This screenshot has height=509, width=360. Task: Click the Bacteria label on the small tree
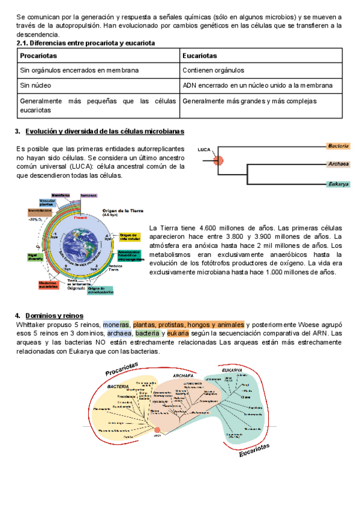338,146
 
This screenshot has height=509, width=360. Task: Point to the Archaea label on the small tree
338,163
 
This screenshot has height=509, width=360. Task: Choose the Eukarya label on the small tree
338,184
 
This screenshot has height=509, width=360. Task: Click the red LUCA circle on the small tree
218,160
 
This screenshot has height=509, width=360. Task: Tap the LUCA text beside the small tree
204,149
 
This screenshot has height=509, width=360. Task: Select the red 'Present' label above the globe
80,217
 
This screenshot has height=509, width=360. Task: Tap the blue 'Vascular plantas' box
48,203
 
